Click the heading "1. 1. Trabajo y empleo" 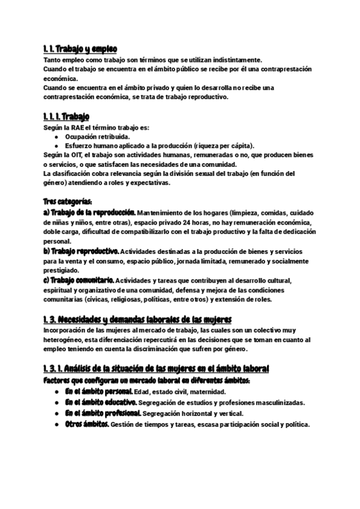click(x=80, y=49)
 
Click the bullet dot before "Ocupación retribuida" click(x=56, y=137)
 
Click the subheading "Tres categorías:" click(x=68, y=201)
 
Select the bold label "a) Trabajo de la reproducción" click(x=90, y=212)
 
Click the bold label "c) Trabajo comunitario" click(x=79, y=280)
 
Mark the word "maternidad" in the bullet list click(x=204, y=392)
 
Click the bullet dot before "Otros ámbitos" click(x=56, y=425)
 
